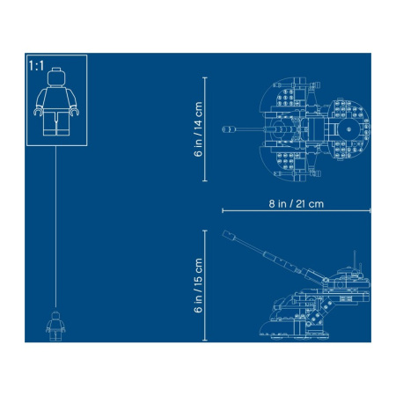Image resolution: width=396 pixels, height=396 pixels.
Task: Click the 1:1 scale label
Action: [37, 66]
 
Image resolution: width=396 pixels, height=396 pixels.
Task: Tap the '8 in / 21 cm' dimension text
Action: [297, 202]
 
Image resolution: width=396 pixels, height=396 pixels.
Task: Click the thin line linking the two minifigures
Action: [57, 220]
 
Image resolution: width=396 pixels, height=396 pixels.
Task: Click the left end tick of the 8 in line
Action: [222, 210]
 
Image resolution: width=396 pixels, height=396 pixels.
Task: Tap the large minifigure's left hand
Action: [37, 112]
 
